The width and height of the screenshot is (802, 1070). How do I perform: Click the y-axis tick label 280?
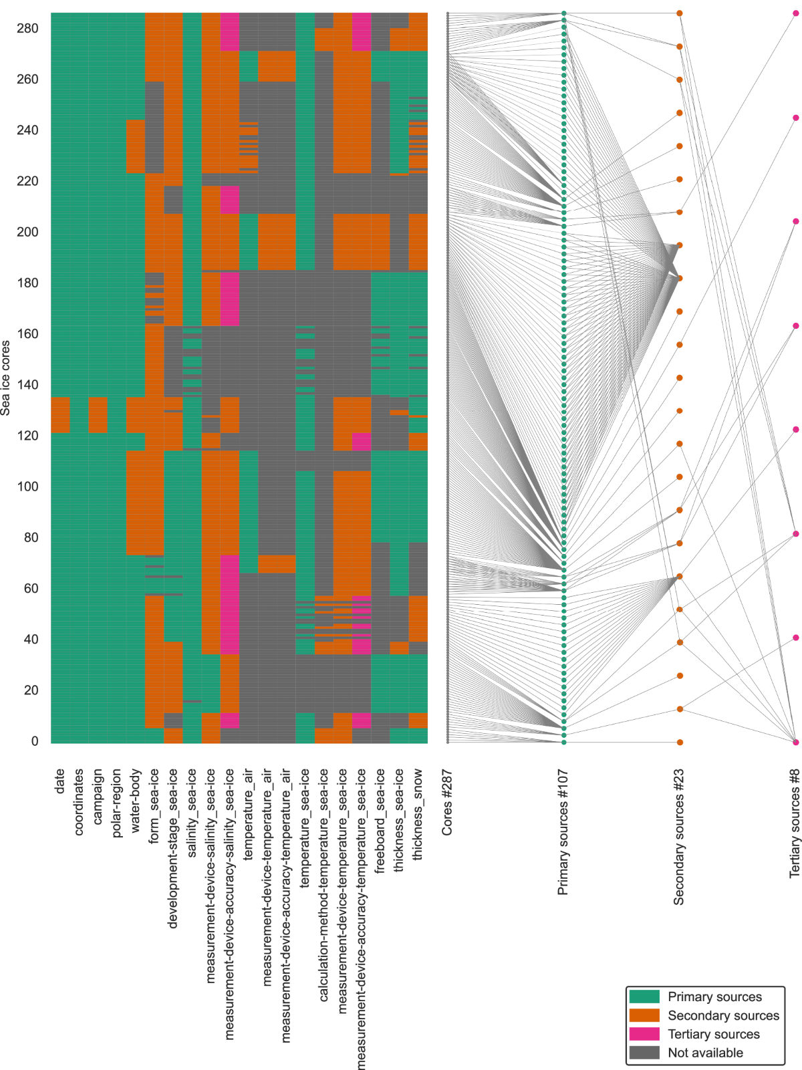tap(27, 29)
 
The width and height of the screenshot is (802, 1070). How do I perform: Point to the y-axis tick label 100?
tap(27, 487)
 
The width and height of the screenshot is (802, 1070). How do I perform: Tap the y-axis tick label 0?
tap(35, 741)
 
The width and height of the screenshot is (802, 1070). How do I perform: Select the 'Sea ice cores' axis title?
tap(6, 378)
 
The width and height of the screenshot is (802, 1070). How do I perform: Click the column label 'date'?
tap(59, 781)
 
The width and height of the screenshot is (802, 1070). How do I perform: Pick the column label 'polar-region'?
tap(116, 803)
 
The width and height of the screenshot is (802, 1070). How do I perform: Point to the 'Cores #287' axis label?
tap(447, 802)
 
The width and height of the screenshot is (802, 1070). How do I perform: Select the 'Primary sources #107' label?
tap(563, 832)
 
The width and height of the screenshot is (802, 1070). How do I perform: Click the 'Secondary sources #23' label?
tap(679, 837)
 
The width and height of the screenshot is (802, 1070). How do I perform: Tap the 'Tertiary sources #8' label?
tap(795, 823)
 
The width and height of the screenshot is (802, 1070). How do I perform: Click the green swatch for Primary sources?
tap(644, 996)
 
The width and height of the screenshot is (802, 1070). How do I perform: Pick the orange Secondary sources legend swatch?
tap(644, 1015)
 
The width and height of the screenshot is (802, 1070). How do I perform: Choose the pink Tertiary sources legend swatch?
tap(644, 1034)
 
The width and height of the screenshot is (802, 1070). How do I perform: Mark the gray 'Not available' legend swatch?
tap(644, 1053)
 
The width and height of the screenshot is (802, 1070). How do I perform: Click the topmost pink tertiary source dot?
tap(795, 13)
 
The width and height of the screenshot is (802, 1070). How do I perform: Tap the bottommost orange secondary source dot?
tap(680, 742)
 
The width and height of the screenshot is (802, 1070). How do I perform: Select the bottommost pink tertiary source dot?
tap(795, 742)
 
